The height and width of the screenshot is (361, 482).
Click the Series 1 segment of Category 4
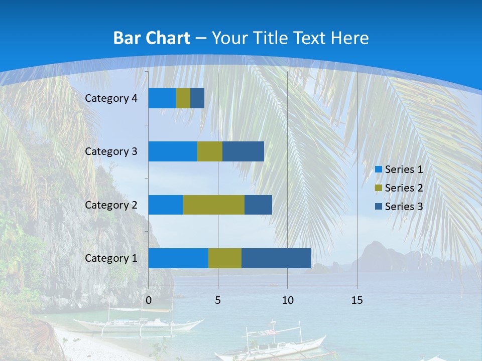pyautogui.click(x=162, y=98)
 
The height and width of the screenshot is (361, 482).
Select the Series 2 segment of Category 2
pyautogui.click(x=214, y=205)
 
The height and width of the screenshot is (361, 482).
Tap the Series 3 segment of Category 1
pyautogui.click(x=276, y=258)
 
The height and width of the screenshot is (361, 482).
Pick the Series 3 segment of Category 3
pyautogui.click(x=243, y=151)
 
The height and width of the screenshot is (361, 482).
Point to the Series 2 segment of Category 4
pyautogui.click(x=183, y=98)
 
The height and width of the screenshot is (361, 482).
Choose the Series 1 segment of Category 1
pyautogui.click(x=178, y=258)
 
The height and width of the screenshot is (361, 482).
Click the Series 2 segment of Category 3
pyautogui.click(x=210, y=151)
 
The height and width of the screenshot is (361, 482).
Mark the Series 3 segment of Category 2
pyautogui.click(x=258, y=205)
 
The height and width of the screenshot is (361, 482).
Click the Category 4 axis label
pyautogui.click(x=111, y=98)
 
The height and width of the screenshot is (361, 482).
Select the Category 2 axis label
pyautogui.click(x=111, y=205)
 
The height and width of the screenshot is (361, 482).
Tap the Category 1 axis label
pyautogui.click(x=111, y=258)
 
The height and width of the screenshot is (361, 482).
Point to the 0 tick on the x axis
pyautogui.click(x=149, y=300)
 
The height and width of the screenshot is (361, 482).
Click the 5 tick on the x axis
pyautogui.click(x=218, y=300)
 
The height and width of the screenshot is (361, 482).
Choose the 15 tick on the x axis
pyautogui.click(x=357, y=300)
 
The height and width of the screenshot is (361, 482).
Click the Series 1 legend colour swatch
pyautogui.click(x=379, y=169)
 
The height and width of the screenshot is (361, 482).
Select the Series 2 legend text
pyautogui.click(x=404, y=188)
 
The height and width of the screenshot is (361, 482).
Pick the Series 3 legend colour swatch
pyautogui.click(x=379, y=206)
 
